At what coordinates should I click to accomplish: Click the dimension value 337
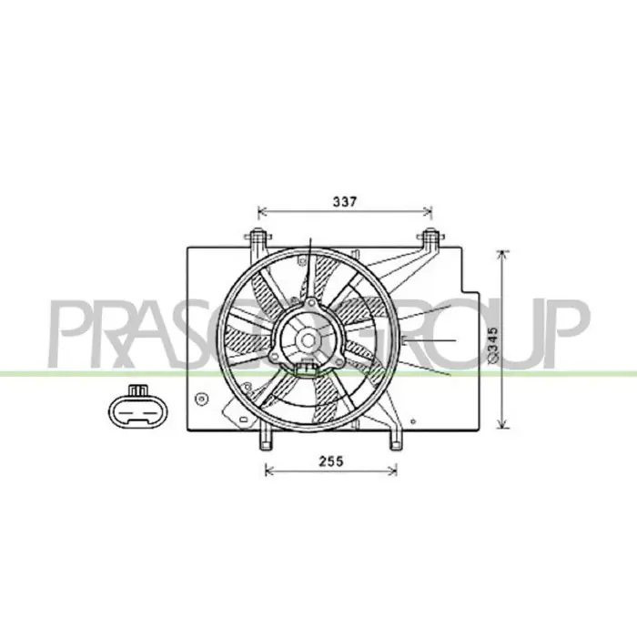click(345, 201)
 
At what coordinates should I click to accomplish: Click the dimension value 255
click(330, 461)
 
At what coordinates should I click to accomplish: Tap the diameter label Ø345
click(492, 345)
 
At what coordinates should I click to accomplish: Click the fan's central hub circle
click(308, 340)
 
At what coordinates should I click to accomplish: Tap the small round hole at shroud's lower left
click(201, 399)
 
